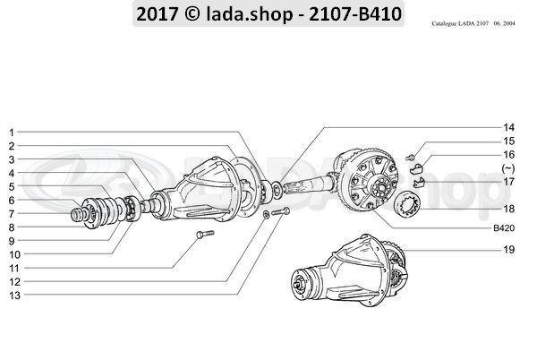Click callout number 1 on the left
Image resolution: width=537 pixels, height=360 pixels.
[11, 132]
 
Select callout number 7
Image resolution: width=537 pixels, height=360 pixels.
[11, 213]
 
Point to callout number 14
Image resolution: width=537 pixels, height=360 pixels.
[510, 127]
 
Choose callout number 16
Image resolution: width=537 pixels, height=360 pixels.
[510, 154]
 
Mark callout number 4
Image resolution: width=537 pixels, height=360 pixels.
[11, 173]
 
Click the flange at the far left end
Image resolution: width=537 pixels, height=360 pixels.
[82, 216]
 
